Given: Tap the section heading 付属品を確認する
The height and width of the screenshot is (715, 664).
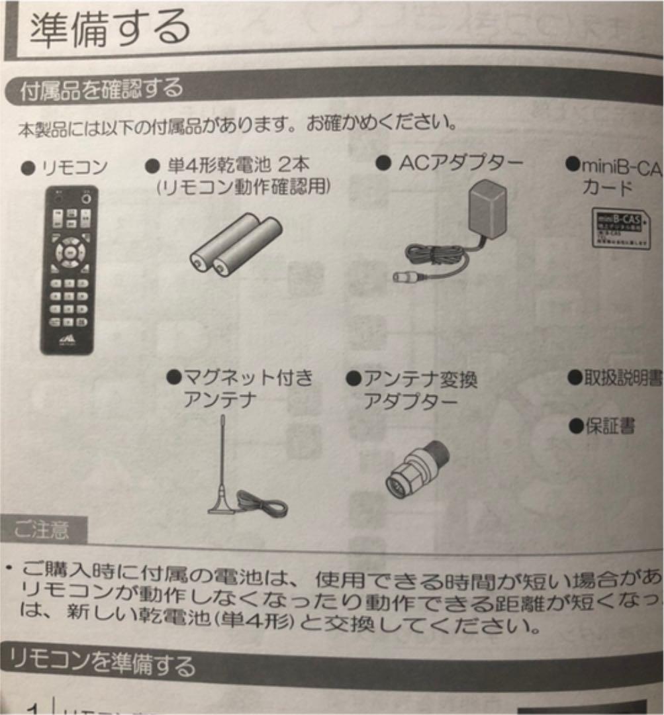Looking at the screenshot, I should point(101,89).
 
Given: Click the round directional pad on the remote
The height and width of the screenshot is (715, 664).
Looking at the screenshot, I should point(69,251).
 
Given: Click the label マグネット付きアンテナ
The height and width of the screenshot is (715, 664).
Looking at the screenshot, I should point(240,389).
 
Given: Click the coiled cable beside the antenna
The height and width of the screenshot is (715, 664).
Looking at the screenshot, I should point(263,504).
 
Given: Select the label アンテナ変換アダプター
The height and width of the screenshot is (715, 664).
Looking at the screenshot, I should point(412,390).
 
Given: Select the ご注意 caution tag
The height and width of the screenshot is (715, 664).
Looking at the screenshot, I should point(42,530).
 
